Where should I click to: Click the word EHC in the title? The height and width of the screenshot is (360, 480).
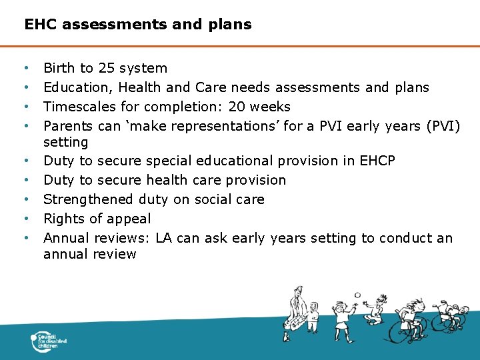pyautogui.click(x=39, y=25)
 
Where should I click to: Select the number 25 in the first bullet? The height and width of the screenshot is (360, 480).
pyautogui.click(x=107, y=68)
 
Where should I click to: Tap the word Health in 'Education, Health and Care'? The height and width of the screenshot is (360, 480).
pyautogui.click(x=137, y=87)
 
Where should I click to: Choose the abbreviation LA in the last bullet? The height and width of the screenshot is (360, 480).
pyautogui.click(x=164, y=238)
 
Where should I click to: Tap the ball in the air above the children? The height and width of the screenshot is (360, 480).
pyautogui.click(x=357, y=295)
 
